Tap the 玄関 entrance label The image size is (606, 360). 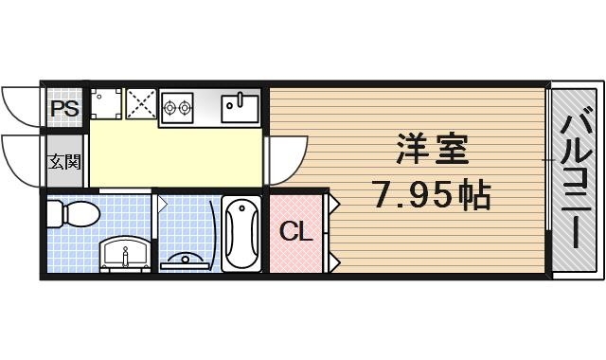tap(64, 160)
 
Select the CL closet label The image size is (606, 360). tap(296, 231)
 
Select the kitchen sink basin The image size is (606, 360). tap(240, 106)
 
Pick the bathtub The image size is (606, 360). tap(241, 232)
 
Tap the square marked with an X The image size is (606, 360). tap(141, 105)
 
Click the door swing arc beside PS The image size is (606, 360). tap(21, 104)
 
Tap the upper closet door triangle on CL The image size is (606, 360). tap(334, 203)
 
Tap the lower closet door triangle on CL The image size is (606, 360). tap(334, 258)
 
